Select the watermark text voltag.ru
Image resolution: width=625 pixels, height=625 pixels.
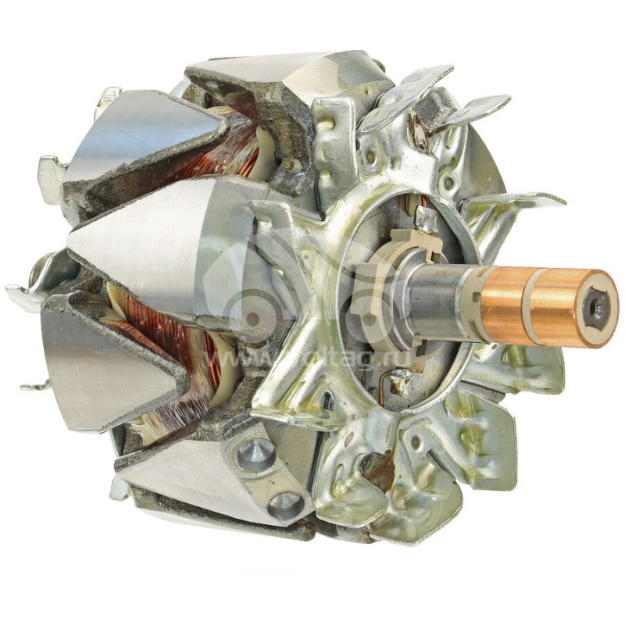point(258,359)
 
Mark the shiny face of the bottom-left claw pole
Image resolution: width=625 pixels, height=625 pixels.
point(102,367)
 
